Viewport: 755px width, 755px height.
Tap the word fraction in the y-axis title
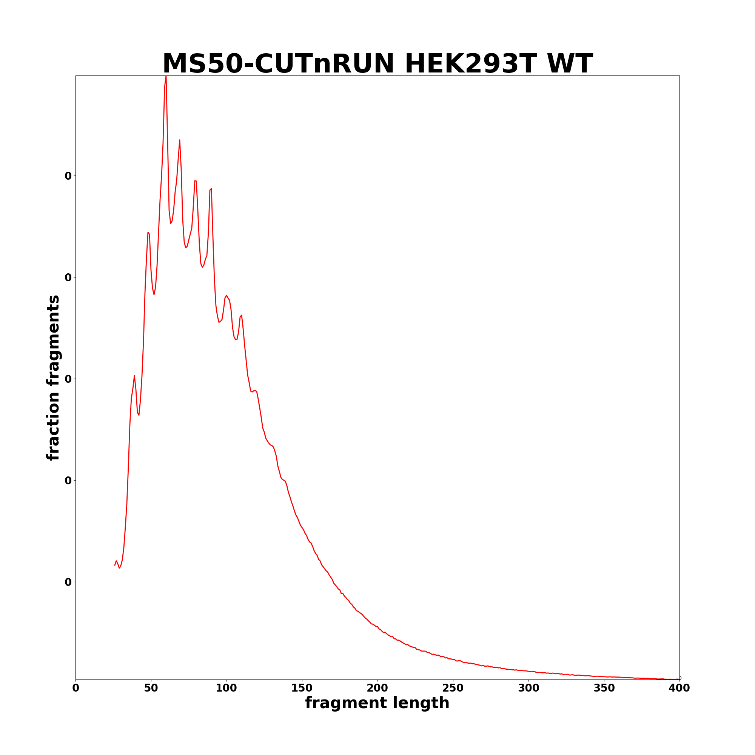(54, 424)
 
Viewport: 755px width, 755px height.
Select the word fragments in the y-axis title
(54, 341)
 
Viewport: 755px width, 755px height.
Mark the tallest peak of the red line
(166, 76)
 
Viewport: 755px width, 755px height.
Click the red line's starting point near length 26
(115, 565)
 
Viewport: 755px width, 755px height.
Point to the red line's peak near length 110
(242, 315)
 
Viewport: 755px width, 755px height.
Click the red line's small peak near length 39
(134, 376)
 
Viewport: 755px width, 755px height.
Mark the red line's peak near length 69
(179, 140)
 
